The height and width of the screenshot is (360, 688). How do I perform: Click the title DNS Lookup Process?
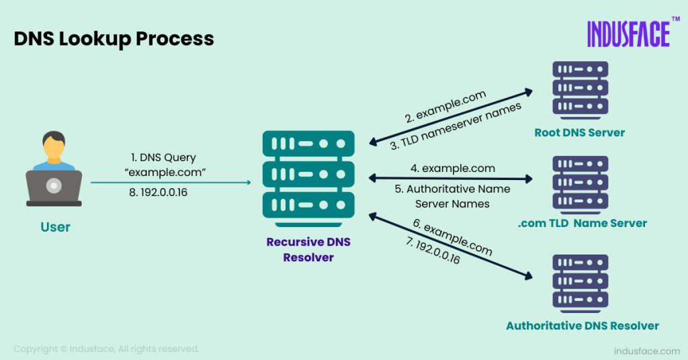coord(114,38)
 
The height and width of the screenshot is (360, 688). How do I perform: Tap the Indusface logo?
coord(628,34)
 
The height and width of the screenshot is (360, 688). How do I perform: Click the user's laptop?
coord(54,188)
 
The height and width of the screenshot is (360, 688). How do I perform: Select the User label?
coord(55,227)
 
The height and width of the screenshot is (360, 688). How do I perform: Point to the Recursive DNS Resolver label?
coord(308,249)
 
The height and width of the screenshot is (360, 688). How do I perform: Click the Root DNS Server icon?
coord(580,89)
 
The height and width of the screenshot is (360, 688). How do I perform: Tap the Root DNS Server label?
coord(579,132)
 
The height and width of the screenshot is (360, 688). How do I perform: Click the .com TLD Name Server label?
coord(582,223)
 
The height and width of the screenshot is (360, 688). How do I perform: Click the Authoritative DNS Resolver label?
coord(582,326)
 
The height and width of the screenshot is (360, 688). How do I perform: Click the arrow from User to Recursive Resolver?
coord(171,182)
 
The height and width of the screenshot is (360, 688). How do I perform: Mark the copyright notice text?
coord(106,349)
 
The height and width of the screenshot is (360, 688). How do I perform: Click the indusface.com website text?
coord(647,351)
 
